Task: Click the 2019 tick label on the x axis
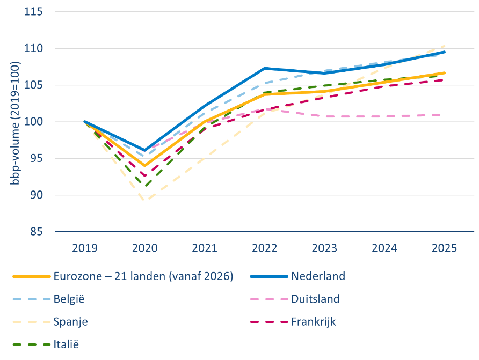tap(85, 248)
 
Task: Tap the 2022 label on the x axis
tap(264, 248)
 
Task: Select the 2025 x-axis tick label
tap(444, 248)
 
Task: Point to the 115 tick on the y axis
tap(33, 12)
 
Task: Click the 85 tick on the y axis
tap(37, 232)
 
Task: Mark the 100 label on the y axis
tap(33, 121)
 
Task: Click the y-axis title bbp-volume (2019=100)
tap(14, 123)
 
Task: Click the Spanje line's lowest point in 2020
tap(144, 200)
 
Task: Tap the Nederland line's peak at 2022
tap(265, 68)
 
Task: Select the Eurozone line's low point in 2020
tap(144, 166)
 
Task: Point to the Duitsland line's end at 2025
tap(440, 115)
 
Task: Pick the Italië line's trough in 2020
tap(146, 186)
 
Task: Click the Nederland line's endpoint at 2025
tap(444, 52)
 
